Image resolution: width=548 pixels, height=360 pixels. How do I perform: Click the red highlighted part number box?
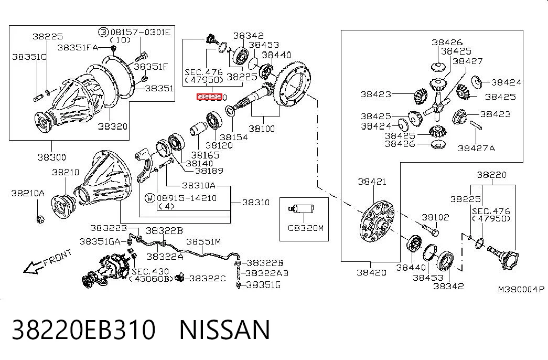(209, 97)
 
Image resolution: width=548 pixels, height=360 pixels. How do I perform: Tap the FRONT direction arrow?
(31, 267)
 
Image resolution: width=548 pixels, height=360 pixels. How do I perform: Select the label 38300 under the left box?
(52, 157)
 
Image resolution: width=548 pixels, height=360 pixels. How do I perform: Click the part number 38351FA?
(78, 48)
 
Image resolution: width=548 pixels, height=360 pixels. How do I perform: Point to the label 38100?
(262, 129)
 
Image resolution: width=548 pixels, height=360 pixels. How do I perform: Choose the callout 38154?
(234, 137)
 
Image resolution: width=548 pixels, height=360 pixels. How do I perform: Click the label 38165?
(205, 155)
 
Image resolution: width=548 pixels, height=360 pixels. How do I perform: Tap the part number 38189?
(209, 171)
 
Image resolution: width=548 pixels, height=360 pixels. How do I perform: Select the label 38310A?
(199, 185)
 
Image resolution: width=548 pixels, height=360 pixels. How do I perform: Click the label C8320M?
(305, 228)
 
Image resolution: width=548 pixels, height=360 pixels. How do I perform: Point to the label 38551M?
(203, 242)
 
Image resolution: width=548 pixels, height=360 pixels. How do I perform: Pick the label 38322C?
(207, 278)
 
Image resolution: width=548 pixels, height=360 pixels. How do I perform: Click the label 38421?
(372, 182)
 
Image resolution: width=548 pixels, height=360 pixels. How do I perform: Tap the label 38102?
(435, 217)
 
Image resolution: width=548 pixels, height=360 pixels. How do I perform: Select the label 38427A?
(476, 149)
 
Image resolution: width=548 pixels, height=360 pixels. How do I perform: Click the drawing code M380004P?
(521, 289)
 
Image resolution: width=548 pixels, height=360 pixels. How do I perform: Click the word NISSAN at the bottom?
(225, 329)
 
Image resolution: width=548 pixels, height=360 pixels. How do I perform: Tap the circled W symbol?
(150, 198)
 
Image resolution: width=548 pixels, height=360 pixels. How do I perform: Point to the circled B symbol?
(103, 33)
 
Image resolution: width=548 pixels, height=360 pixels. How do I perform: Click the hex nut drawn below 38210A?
(40, 219)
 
